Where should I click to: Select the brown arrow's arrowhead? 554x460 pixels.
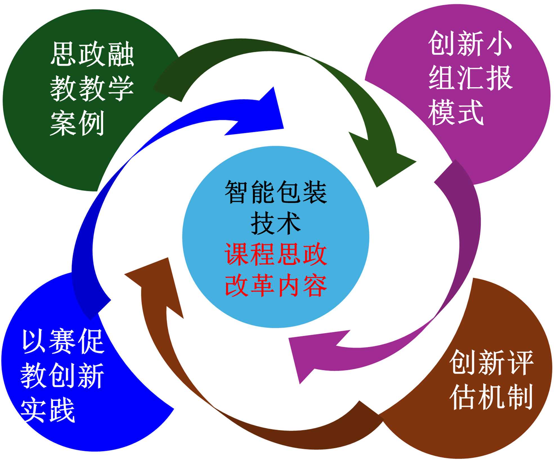[158, 284]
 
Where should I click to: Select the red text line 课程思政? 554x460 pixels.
[276, 255]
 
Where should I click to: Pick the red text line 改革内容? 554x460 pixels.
[276, 286]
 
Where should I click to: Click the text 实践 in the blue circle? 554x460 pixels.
[48, 410]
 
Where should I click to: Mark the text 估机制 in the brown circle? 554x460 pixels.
[491, 397]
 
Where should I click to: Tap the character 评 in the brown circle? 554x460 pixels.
[519, 363]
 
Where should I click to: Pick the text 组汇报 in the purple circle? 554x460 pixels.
[470, 78]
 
